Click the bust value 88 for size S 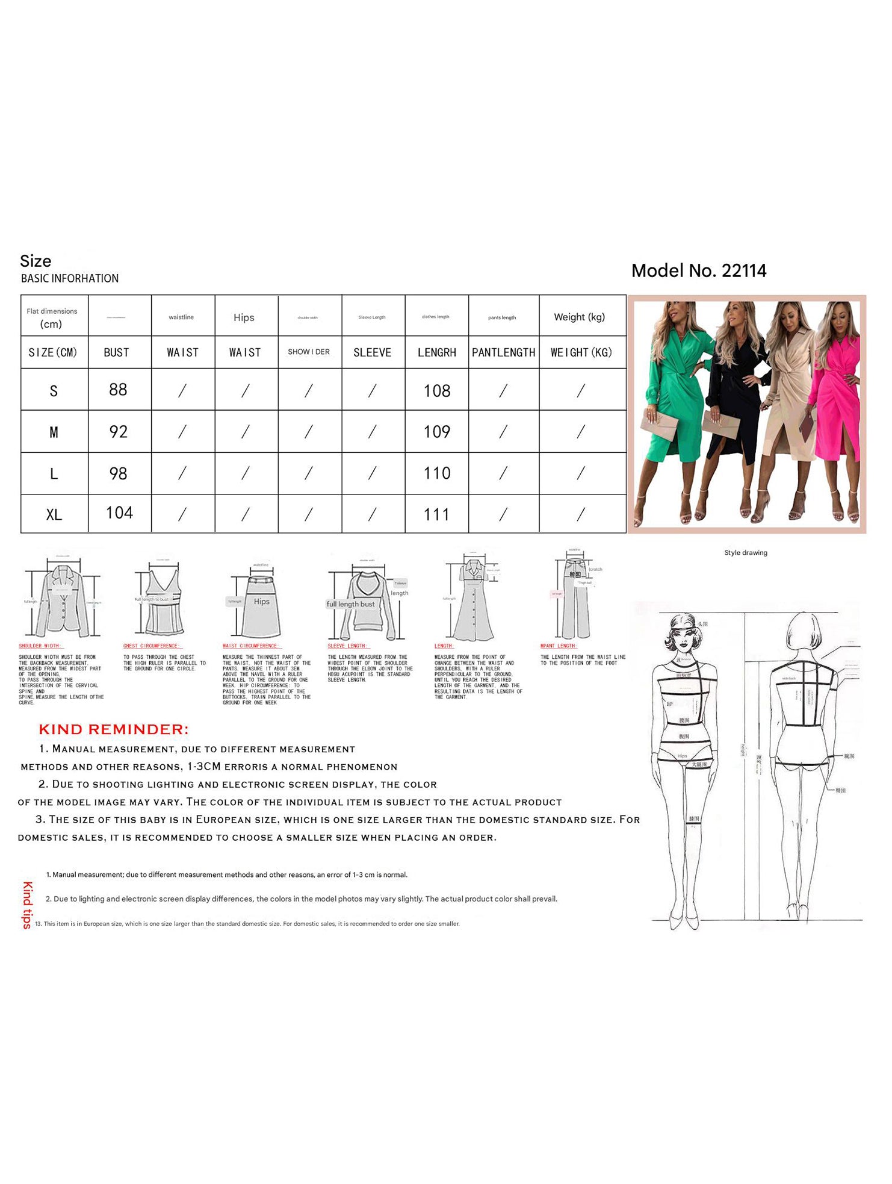(x=118, y=390)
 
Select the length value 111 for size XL (x=436, y=515)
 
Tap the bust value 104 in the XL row (x=119, y=513)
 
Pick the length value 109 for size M (x=436, y=432)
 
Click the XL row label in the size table (x=54, y=515)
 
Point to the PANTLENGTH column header (x=503, y=352)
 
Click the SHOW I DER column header (x=309, y=352)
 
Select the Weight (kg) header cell (x=579, y=317)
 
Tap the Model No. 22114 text (x=698, y=271)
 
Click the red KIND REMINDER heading (x=114, y=729)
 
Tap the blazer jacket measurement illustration (x=61, y=600)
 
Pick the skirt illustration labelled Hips (x=261, y=605)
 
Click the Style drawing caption (x=745, y=553)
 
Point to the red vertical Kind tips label (x=27, y=905)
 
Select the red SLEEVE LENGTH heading (x=347, y=646)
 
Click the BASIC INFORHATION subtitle (x=70, y=279)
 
